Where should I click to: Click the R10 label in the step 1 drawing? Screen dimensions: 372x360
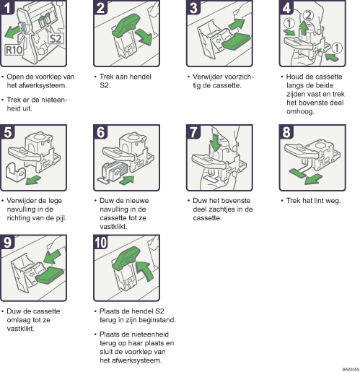(14, 51)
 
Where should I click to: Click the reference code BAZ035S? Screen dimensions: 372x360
(348, 368)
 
